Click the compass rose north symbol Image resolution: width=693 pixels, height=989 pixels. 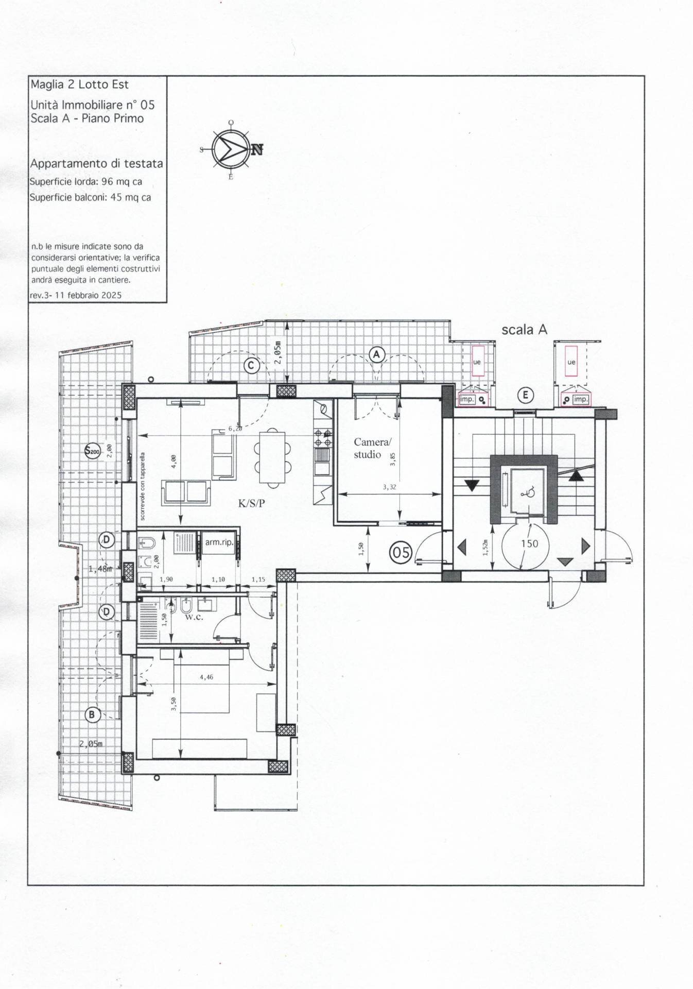pos(231,149)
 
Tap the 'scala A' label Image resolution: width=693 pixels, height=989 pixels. pos(524,330)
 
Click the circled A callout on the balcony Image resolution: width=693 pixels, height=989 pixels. pos(377,354)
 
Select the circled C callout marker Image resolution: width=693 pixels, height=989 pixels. pos(251,366)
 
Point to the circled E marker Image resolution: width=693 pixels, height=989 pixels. pos(526,395)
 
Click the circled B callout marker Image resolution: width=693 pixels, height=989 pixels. pos(92,714)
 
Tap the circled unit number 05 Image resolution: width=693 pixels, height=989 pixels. pos(401,552)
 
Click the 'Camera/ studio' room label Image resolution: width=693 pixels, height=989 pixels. pos(372,448)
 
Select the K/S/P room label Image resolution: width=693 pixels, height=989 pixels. pos(251,504)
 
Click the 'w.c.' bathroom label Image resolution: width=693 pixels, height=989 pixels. pos(194,617)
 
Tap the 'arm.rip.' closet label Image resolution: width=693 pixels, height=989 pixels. pos(219,542)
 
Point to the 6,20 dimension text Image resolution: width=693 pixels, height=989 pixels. pos(235,429)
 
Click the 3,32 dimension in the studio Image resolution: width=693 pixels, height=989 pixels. pos(389,487)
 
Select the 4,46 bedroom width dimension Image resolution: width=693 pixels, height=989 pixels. pos(206,677)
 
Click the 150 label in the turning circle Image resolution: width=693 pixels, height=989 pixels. pos(529,543)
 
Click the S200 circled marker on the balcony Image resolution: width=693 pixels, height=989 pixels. pos(93,451)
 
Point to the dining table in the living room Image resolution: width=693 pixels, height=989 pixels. pos(272,456)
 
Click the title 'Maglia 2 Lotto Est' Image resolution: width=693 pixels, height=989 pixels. pos(79,84)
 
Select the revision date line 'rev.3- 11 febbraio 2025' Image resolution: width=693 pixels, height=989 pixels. pos(76,295)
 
